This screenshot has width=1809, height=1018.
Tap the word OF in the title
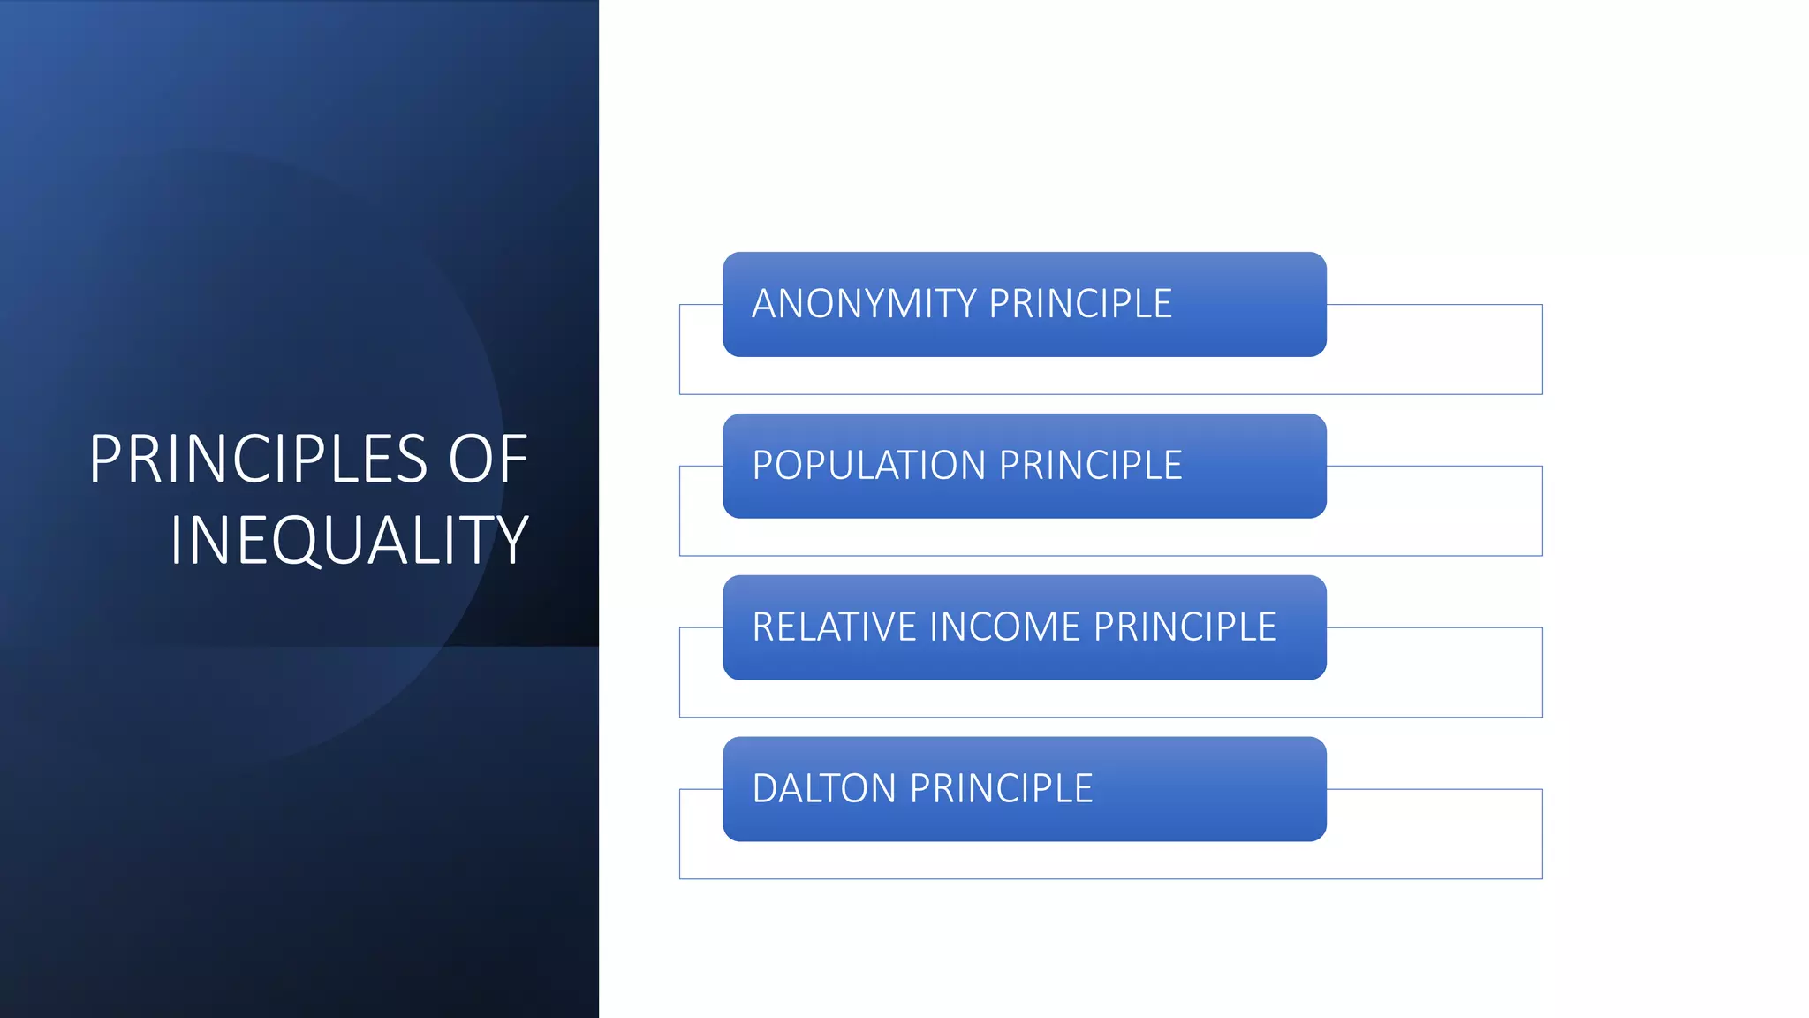click(x=488, y=460)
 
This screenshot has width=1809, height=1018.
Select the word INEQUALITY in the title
click(x=349, y=540)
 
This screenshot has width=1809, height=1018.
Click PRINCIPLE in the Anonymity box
click(x=1080, y=304)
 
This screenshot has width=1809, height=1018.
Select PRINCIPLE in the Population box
click(x=1091, y=466)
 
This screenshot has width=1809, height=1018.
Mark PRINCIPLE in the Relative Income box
click(x=1185, y=627)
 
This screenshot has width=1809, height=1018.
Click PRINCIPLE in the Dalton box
click(x=1002, y=789)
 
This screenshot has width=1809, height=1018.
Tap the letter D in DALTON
click(x=765, y=789)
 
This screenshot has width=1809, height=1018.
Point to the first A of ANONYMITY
click(x=765, y=304)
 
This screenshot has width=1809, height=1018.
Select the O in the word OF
click(x=471, y=460)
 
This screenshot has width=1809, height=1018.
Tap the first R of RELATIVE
click(x=762, y=627)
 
